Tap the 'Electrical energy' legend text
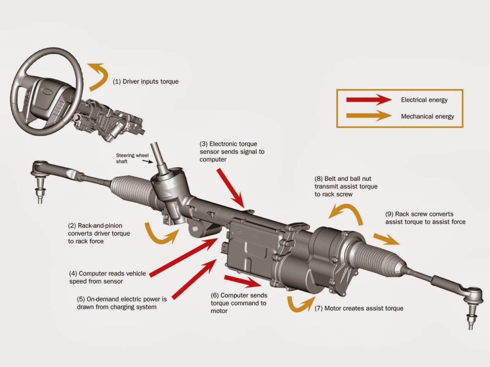(424, 100)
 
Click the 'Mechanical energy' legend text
(427, 116)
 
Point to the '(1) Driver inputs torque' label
(146, 82)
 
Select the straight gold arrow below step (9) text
(386, 239)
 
